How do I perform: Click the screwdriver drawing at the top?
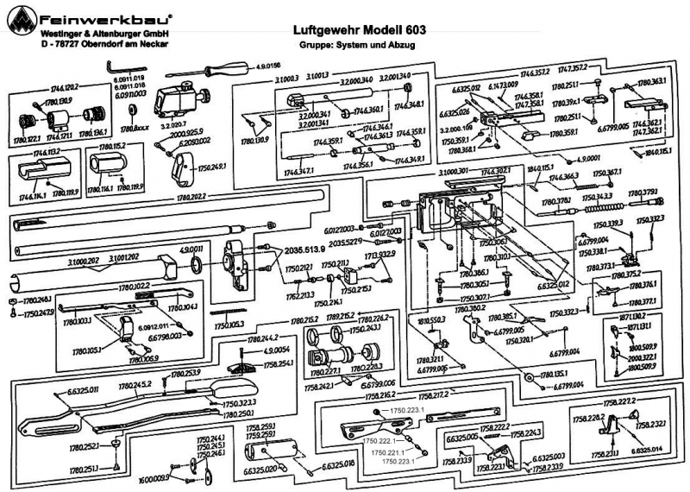point(212,66)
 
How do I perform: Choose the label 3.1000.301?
point(452,173)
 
